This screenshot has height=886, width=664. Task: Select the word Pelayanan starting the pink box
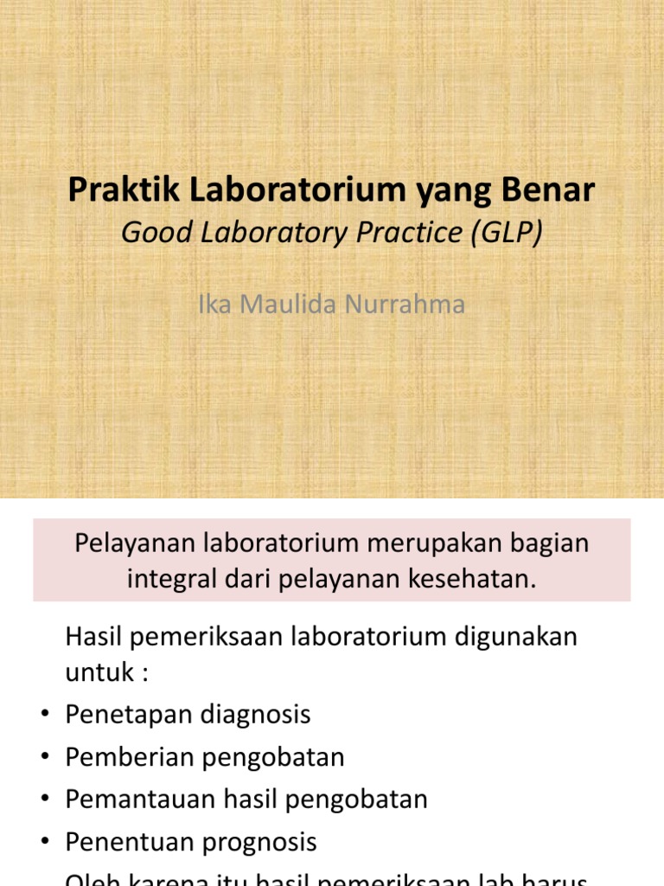(x=129, y=543)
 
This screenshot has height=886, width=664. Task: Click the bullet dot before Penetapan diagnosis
(x=43, y=716)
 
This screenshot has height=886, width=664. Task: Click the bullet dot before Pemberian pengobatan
(x=43, y=758)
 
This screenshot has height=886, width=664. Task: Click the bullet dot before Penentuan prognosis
(x=43, y=843)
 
